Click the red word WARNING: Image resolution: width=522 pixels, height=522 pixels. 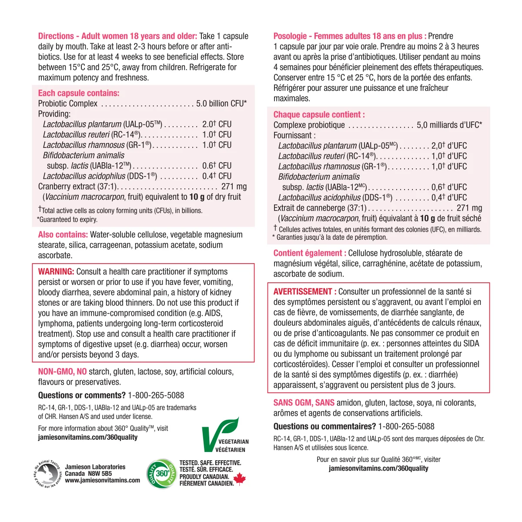tap(56, 271)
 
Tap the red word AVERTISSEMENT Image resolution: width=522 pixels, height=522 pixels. tap(303, 291)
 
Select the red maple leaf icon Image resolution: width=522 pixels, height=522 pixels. tap(240, 479)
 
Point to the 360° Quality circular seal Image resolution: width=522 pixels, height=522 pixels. tap(161, 473)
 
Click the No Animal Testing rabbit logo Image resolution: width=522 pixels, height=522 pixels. tap(48, 473)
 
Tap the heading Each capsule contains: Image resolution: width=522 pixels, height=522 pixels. tap(78, 93)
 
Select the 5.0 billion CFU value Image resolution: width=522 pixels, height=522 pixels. tap(221, 104)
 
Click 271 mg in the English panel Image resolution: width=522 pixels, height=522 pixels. tap(234, 186)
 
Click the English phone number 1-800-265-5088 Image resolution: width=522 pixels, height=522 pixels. tap(156, 395)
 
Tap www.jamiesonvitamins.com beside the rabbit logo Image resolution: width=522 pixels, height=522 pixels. tap(103, 480)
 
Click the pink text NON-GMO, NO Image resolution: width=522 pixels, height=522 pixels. tap(62, 372)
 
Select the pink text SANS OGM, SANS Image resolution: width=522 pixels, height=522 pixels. tap(304, 403)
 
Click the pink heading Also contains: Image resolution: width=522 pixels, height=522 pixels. tap(63, 234)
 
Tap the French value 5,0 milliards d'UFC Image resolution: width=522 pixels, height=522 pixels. tap(449, 125)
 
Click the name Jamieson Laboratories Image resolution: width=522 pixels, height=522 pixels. tap(95, 467)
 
